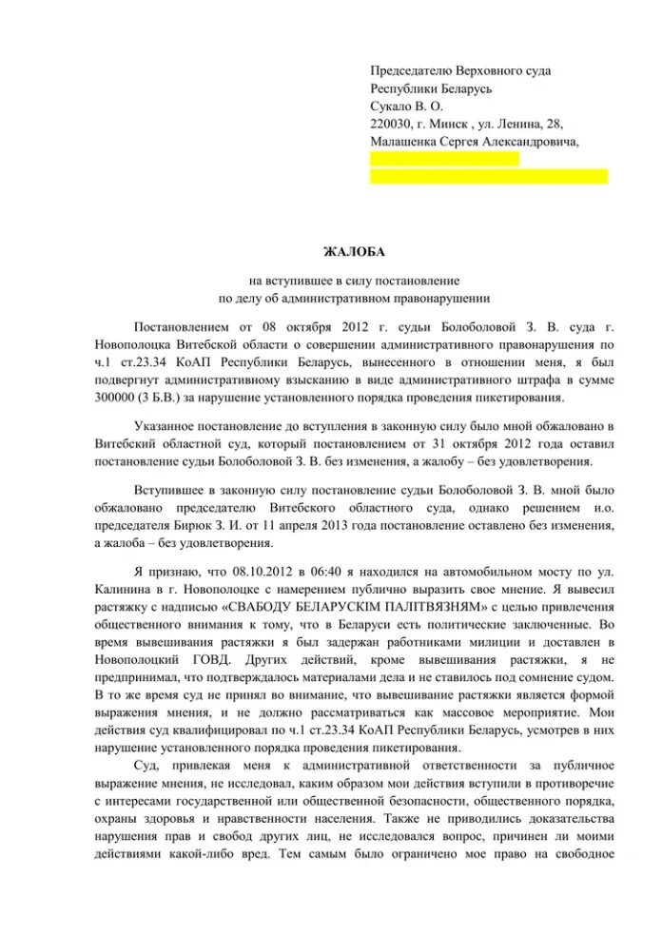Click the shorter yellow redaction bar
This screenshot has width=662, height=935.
click(x=444, y=159)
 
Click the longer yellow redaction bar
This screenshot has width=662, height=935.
click(x=489, y=176)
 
